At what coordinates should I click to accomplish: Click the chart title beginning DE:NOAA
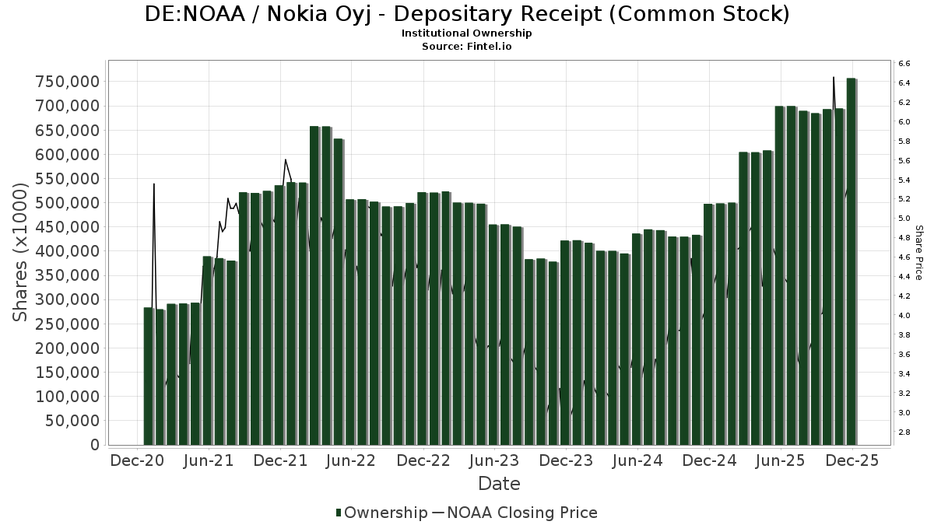coord(467,14)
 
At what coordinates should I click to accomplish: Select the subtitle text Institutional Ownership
coord(467,33)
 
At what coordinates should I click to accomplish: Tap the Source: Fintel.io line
coord(467,46)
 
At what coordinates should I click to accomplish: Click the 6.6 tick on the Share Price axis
coord(904,63)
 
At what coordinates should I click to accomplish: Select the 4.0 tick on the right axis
coord(904,316)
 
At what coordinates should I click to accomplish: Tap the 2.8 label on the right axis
coord(904,432)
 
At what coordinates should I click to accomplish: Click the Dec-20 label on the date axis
coord(138,460)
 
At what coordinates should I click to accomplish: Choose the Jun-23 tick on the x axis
coord(494,460)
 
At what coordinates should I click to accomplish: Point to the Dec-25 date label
coord(852,460)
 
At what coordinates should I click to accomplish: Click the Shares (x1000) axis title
coord(21,251)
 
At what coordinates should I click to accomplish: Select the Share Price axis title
coord(918,253)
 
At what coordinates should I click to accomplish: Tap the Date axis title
coord(499,484)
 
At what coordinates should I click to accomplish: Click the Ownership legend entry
coord(381,513)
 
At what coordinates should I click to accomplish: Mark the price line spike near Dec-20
coord(154,187)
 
